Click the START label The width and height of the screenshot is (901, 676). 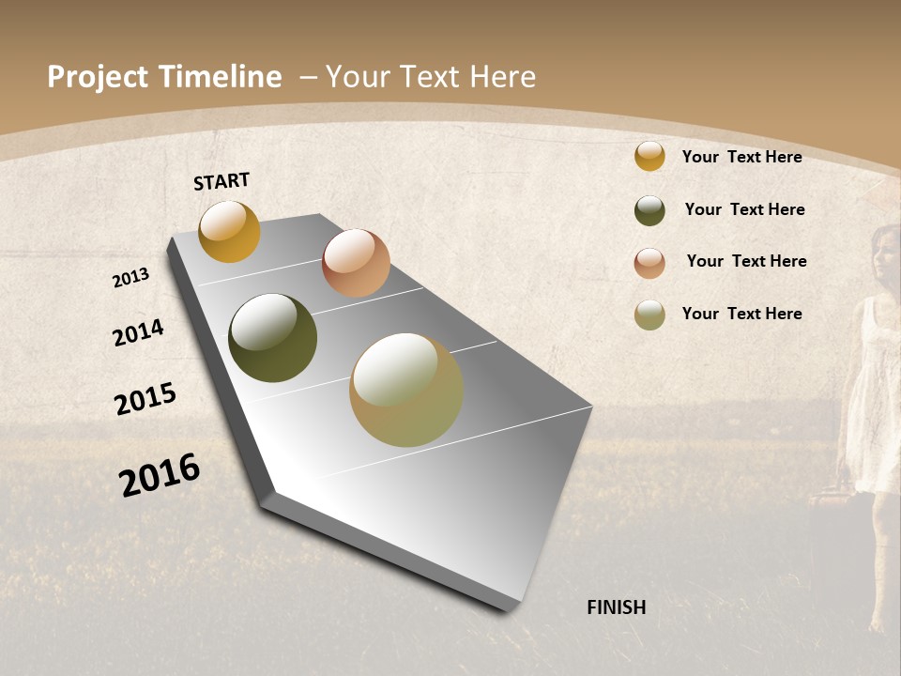221,181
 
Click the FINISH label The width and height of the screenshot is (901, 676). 616,607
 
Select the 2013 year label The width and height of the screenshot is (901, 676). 131,277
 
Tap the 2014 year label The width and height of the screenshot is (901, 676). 138,332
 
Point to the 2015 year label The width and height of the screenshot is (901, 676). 145,398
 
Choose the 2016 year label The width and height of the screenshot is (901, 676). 160,474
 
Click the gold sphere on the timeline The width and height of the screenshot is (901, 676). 229,231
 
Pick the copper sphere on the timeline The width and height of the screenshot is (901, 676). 356,263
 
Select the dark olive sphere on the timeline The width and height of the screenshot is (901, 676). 272,338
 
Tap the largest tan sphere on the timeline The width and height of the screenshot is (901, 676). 406,390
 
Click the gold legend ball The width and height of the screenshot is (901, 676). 649,156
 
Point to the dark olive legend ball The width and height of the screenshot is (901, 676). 649,210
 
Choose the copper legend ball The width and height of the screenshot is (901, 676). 649,263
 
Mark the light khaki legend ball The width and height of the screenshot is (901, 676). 649,315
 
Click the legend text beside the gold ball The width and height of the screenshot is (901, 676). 741,157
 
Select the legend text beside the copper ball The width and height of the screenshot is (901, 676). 746,261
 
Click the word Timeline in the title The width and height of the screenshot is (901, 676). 221,77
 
